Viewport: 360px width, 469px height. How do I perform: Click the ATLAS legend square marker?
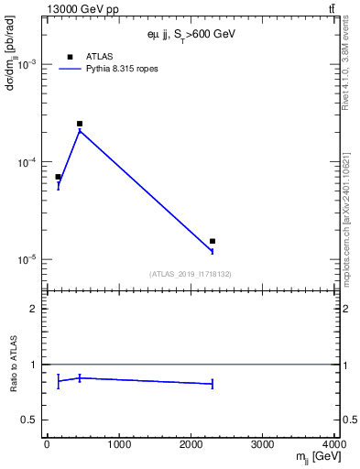click(70, 57)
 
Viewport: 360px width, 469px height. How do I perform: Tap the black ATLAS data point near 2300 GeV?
click(213, 242)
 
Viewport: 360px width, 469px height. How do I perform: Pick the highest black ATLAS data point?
click(80, 124)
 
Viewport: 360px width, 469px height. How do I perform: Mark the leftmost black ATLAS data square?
click(58, 177)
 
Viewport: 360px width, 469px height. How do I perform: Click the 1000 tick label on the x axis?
click(118, 444)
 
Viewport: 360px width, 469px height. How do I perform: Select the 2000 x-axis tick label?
click(191, 444)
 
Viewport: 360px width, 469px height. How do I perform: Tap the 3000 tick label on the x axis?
click(263, 444)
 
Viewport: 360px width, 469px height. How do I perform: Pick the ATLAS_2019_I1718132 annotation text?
click(190, 274)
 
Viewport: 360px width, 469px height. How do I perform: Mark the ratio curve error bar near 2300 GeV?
click(213, 384)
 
